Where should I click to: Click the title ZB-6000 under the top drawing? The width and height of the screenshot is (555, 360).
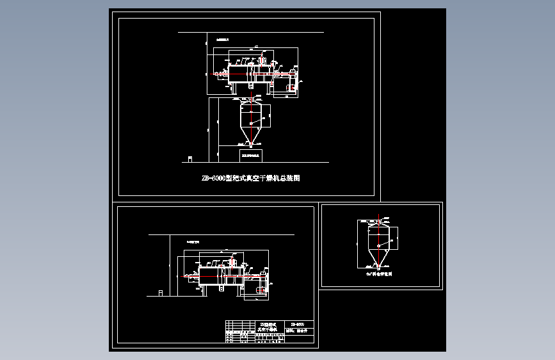(250, 179)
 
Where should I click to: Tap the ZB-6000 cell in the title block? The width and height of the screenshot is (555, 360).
(297, 324)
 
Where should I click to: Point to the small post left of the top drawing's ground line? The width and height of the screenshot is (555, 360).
(189, 158)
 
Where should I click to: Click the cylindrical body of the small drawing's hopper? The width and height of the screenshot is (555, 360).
(378, 237)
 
